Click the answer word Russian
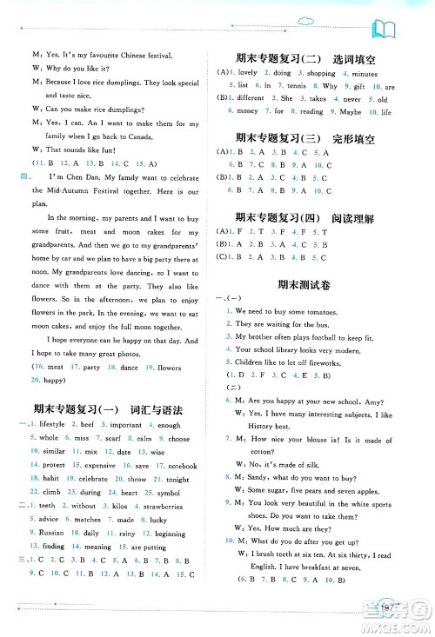[x=43, y=508]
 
